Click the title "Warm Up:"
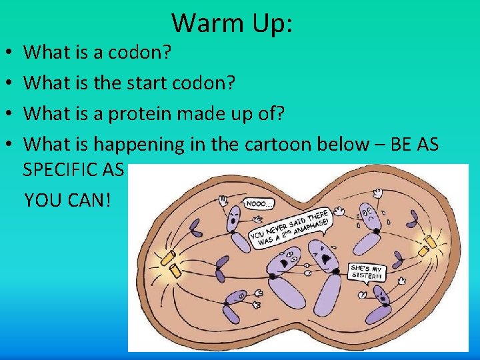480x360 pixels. tap(232, 23)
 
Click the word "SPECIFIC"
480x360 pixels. tap(61, 169)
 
